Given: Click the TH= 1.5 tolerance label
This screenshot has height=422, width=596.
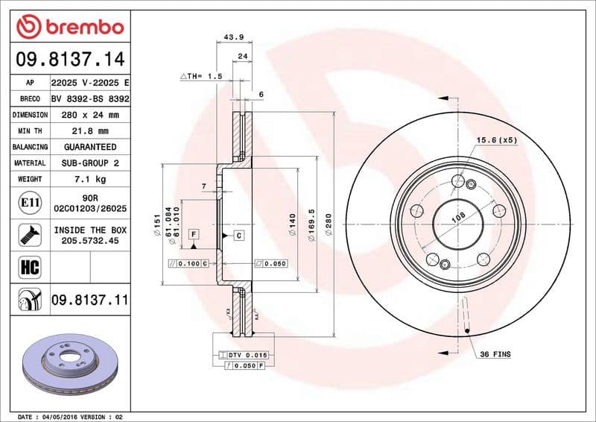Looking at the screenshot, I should tap(201, 76).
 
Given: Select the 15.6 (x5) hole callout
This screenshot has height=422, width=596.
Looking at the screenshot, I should tap(497, 140).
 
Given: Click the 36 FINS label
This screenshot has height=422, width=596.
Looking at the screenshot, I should tap(495, 354).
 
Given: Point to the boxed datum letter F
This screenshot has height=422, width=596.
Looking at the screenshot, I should tap(193, 235).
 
